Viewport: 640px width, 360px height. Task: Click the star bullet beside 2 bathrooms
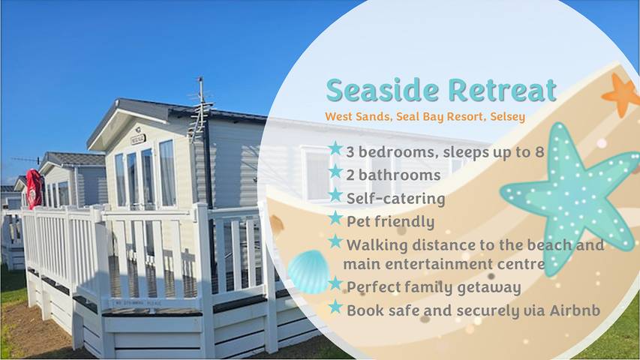click(335, 173)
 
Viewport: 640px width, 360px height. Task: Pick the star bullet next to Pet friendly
click(335, 220)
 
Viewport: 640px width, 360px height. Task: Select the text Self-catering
click(395, 199)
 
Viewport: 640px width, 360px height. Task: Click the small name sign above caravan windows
click(137, 139)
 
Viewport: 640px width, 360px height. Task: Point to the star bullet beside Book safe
click(335, 307)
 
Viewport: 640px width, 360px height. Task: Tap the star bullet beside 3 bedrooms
click(335, 148)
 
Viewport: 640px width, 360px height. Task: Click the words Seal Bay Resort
click(435, 117)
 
